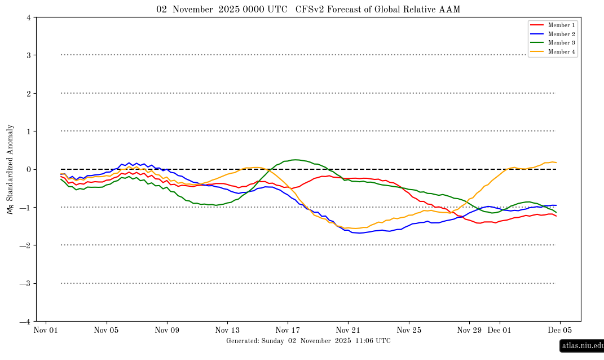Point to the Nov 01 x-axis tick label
46,330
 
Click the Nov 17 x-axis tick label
288,330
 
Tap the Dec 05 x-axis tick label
560,330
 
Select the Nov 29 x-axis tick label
469,330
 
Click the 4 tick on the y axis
28,17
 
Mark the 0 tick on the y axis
28,169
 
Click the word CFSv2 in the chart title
308,10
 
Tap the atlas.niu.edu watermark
581,345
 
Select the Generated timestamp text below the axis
308,341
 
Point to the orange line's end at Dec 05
556,163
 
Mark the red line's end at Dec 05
556,216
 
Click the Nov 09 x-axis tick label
166,330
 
